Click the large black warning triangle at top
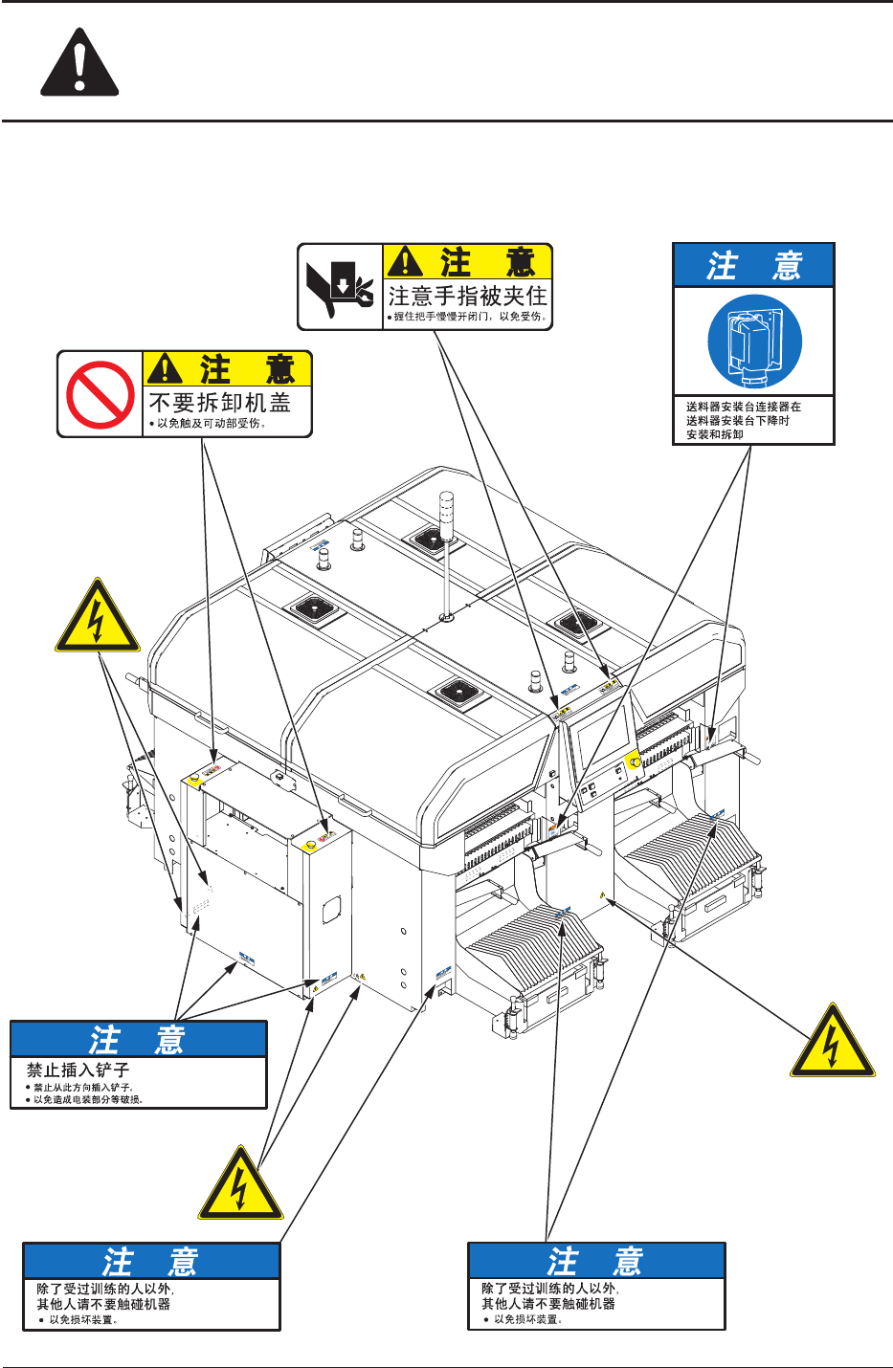[x=79, y=65]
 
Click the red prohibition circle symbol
[x=100, y=394]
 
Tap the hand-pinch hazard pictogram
[x=340, y=287]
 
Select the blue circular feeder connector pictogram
[x=754, y=342]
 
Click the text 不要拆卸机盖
[x=219, y=402]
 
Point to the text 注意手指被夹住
[x=467, y=296]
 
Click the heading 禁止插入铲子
[x=78, y=1070]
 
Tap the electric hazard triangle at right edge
[x=832, y=1044]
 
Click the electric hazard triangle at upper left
[x=97, y=618]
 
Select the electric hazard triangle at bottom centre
[x=240, y=1186]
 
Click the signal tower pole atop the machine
[x=445, y=555]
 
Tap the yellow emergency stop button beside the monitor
[x=633, y=761]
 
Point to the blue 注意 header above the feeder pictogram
[x=753, y=265]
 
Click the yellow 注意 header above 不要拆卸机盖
[x=228, y=369]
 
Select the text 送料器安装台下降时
[x=737, y=421]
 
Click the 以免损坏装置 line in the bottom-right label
[x=527, y=1319]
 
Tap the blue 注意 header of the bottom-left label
[x=151, y=1262]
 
